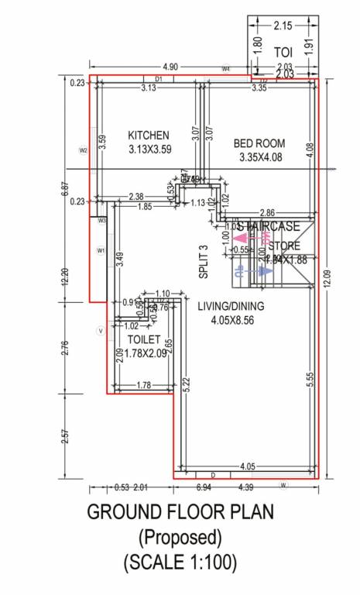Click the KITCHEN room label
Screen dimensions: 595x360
click(149, 135)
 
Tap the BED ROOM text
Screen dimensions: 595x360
click(259, 143)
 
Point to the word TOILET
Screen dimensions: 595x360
click(144, 339)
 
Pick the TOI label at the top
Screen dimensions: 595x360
click(283, 51)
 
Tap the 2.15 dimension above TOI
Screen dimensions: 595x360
click(283, 26)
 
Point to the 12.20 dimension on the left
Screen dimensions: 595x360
click(65, 277)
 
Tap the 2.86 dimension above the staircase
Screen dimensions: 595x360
click(266, 212)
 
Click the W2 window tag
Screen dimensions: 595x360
click(83, 150)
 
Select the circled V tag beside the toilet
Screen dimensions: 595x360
click(100, 331)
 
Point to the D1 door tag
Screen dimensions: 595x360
click(158, 79)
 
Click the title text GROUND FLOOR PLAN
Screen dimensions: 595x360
click(180, 513)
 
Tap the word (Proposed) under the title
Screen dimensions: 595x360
click(180, 537)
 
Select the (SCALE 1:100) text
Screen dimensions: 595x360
click(180, 562)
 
